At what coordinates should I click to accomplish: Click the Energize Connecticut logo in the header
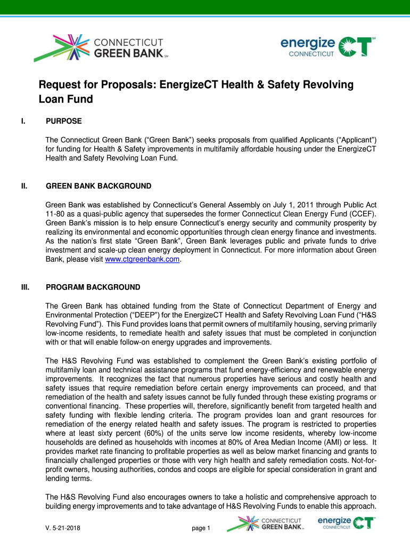(328, 46)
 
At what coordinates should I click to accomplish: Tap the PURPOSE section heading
(64, 122)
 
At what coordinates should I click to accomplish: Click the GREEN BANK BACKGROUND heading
(99, 187)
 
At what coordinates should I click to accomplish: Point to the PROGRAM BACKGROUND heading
(93, 287)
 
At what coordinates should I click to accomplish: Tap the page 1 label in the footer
(201, 529)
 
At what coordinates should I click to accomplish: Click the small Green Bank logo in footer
(265, 524)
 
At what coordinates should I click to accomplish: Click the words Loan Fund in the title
(65, 99)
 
